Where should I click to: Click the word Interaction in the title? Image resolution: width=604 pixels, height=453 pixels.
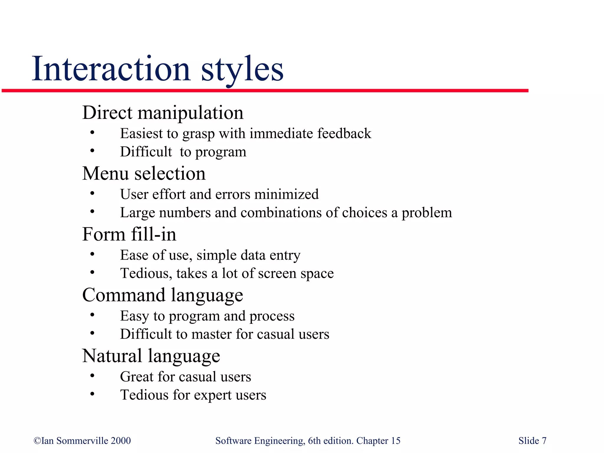coord(111,69)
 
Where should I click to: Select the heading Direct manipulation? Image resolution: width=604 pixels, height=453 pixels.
coord(163,113)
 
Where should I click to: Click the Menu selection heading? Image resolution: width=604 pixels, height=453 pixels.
coord(144,173)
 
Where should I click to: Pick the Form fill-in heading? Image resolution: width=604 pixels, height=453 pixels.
coord(129,234)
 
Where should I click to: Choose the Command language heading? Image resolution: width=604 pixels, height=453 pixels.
coord(163,295)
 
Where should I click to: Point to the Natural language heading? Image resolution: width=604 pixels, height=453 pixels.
coord(151,356)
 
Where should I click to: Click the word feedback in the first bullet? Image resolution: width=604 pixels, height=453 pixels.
coord(344,133)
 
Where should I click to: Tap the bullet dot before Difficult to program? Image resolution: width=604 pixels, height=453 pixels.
coord(92,151)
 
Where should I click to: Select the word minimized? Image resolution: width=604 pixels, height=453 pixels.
coord(286,194)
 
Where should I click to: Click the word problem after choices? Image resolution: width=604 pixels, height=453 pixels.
coord(427,213)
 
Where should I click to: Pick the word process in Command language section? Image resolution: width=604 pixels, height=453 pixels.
coord(272,316)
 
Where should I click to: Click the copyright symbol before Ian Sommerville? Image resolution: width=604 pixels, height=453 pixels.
coord(37,441)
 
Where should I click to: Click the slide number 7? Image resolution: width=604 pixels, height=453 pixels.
coord(544,441)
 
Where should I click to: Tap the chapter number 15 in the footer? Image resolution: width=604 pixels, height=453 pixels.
coord(395,441)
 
